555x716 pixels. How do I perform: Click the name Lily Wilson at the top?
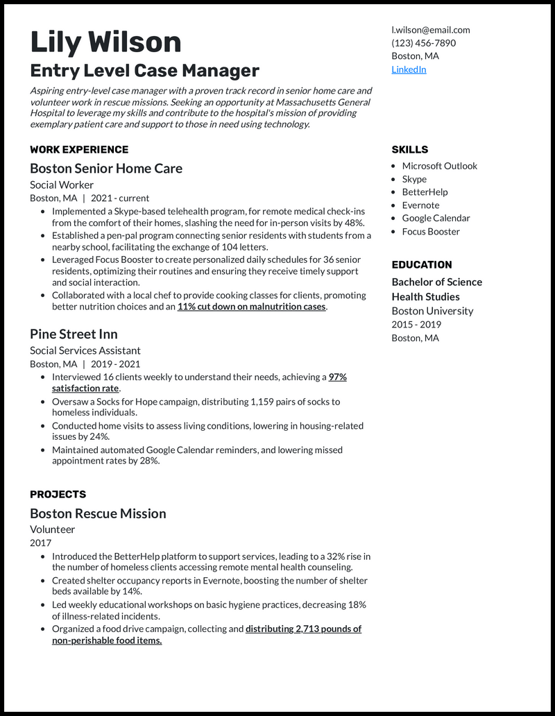[105, 43]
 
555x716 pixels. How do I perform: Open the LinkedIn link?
[409, 69]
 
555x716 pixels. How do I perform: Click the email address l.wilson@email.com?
[430, 30]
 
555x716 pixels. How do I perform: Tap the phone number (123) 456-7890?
[423, 43]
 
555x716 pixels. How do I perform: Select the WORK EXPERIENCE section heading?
[79, 149]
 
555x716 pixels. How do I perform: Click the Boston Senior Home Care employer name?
[106, 168]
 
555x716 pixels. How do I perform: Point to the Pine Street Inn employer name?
[74, 334]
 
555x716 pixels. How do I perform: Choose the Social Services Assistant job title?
[85, 350]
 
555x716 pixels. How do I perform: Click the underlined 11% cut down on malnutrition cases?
[251, 306]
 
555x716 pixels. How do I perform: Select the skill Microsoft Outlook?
[440, 166]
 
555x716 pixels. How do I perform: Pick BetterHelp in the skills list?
[425, 192]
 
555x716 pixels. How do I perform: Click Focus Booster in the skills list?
[431, 232]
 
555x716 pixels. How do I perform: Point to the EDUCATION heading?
[421, 264]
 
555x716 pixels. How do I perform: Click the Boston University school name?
[432, 311]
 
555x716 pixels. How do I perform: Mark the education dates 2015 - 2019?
[416, 324]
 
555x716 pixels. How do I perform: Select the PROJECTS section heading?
[58, 494]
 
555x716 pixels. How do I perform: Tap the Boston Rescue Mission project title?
[98, 513]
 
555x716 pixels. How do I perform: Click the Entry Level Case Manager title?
[144, 70]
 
